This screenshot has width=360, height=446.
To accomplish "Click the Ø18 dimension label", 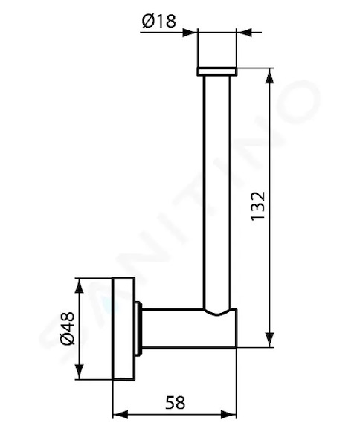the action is (159, 22).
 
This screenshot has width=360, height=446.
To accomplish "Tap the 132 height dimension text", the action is (258, 205).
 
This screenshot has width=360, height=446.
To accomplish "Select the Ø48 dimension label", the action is (68, 329).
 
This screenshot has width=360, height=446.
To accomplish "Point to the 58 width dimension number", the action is (175, 402).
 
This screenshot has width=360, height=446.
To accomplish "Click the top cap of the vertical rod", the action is (216, 71).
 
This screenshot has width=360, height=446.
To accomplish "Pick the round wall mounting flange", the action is (123, 329).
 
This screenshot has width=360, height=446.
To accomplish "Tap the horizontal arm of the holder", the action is (189, 329).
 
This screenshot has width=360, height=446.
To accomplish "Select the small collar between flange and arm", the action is (138, 329).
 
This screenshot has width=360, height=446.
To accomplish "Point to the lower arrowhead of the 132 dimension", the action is (269, 340).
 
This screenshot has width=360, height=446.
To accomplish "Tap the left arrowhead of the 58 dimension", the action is (120, 415).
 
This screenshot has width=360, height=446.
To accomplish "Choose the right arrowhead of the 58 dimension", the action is (228, 415).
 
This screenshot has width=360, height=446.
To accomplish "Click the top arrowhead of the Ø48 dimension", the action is (80, 286).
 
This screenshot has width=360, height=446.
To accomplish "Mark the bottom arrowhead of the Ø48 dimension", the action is (80, 372).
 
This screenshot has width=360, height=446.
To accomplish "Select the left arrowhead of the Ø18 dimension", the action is (190, 33).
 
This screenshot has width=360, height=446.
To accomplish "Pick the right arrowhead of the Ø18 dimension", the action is (244, 33).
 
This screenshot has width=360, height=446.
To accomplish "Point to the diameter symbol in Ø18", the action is (148, 22).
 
